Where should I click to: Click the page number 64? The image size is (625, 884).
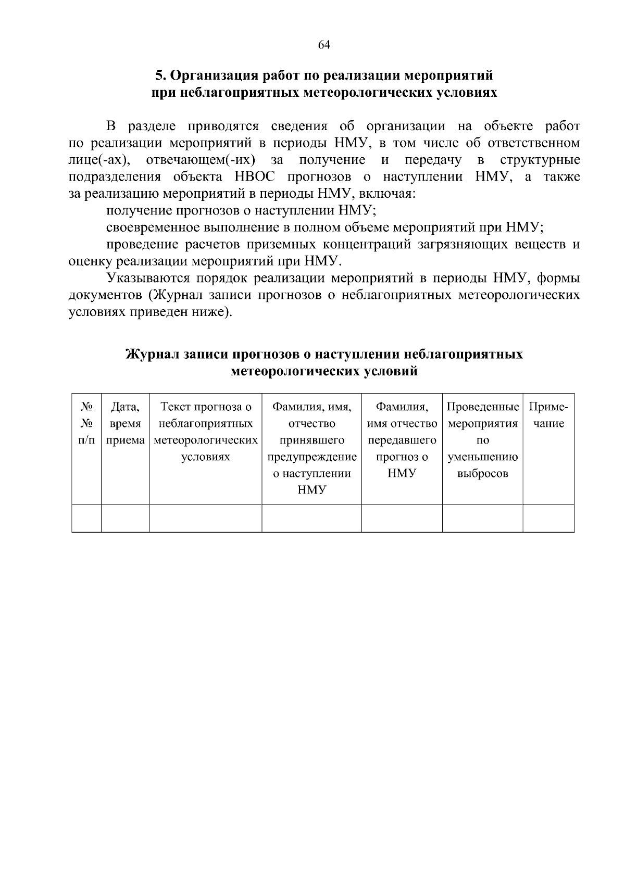point(323,45)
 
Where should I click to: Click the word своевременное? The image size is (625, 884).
point(152,228)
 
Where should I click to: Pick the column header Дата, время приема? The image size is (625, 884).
point(125,423)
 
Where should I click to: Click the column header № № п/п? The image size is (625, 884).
point(86,423)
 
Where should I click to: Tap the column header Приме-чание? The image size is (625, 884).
point(548,415)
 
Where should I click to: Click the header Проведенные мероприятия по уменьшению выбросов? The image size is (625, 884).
point(482,440)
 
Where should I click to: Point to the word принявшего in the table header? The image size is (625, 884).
point(311,440)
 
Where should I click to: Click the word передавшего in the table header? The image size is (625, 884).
point(402,440)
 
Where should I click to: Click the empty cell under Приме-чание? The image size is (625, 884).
point(548,518)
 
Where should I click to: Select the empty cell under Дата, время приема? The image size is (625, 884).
point(125,518)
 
